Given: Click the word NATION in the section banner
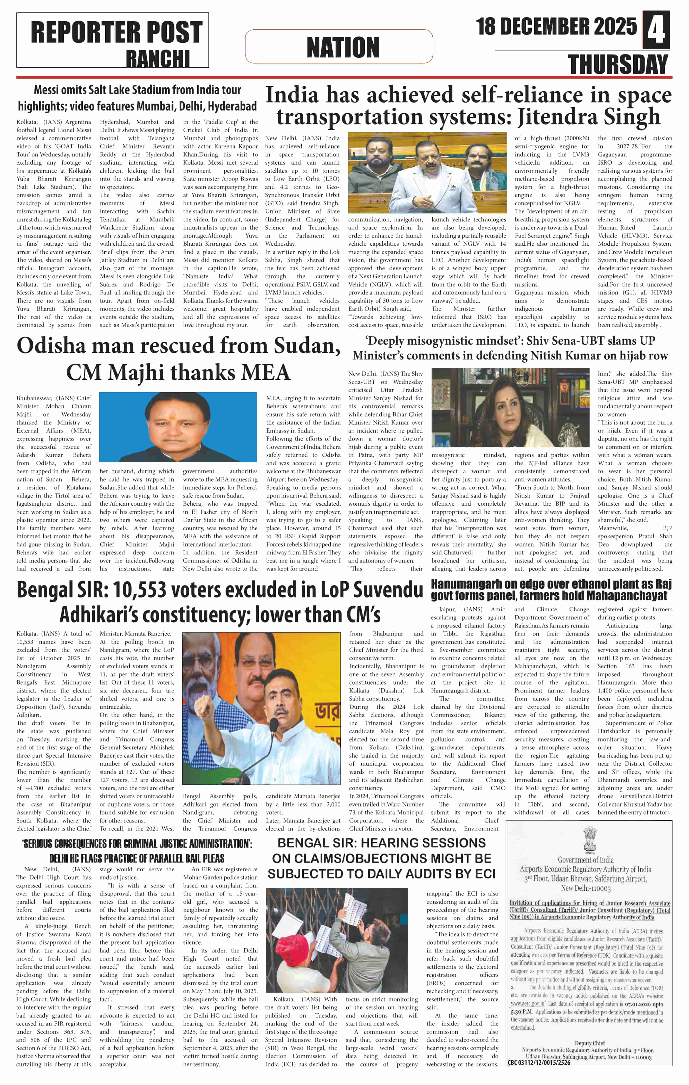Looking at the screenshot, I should point(343,47).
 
